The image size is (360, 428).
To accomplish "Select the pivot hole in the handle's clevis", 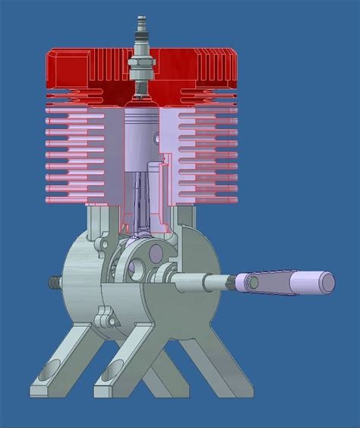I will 252,283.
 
